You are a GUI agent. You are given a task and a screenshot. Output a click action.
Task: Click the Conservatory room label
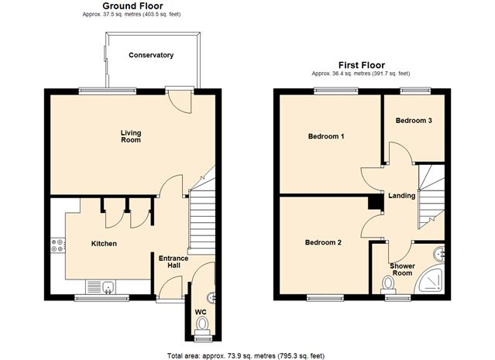151,55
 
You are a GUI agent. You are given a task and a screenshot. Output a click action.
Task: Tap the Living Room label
131,136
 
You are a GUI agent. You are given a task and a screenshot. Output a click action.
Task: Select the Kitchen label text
104,244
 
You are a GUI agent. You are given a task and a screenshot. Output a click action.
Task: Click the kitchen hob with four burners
58,245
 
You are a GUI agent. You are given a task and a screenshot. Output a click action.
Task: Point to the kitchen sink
108,287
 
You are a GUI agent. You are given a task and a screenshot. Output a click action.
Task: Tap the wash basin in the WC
211,297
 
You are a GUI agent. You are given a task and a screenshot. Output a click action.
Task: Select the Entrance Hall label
174,262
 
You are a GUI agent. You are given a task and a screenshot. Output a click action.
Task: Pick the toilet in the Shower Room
388,283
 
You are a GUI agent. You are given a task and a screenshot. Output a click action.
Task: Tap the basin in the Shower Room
439,254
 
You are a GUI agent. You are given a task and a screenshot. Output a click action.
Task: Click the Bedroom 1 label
326,136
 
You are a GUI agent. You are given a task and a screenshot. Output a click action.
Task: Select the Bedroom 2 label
323,242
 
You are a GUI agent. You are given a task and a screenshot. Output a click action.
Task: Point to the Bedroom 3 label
414,121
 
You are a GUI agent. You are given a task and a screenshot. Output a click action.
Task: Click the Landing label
401,196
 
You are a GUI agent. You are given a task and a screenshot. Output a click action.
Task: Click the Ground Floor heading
132,5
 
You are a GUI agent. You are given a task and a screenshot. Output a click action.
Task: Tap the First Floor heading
362,65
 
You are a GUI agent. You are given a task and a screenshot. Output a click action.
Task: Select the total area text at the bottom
246,356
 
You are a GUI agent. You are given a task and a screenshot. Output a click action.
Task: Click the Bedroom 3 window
415,91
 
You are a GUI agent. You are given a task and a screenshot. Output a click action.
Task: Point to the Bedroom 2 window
325,298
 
